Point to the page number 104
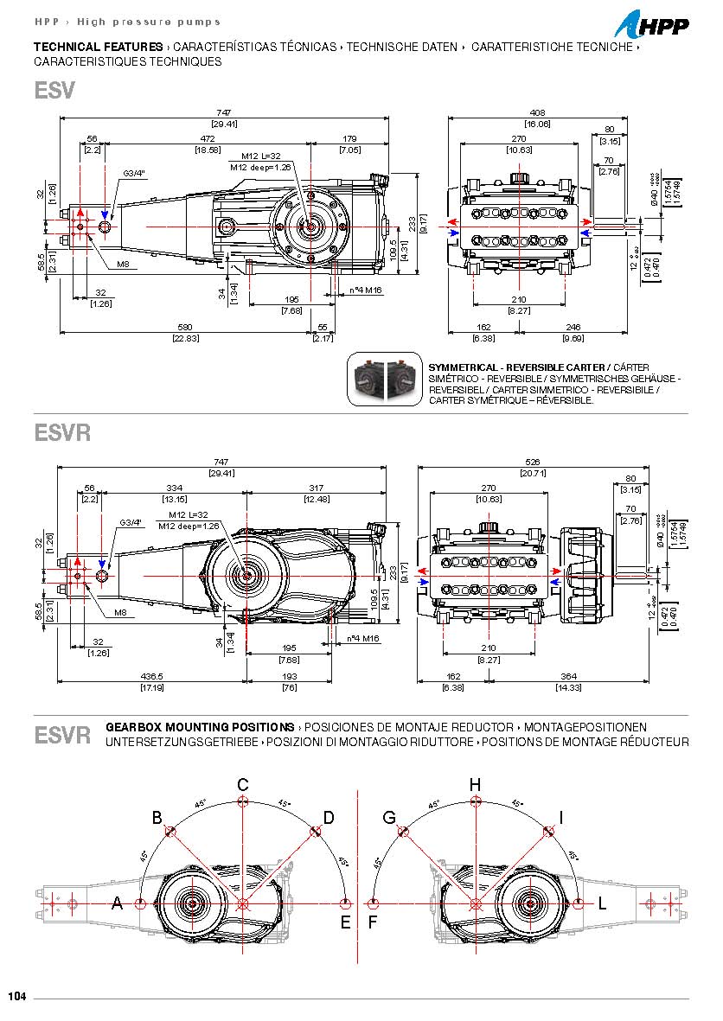[17, 997]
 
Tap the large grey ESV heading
[54, 91]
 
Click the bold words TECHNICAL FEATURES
[98, 47]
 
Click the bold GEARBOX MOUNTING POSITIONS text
[199, 727]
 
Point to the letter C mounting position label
[243, 784]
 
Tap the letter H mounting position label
[475, 784]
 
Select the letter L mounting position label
[601, 903]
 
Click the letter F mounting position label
[373, 922]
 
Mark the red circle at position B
[170, 832]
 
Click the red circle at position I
[547, 832]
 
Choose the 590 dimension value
[184, 328]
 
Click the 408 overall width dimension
[538, 113]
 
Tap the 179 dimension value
[349, 138]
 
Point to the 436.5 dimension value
[151, 677]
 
